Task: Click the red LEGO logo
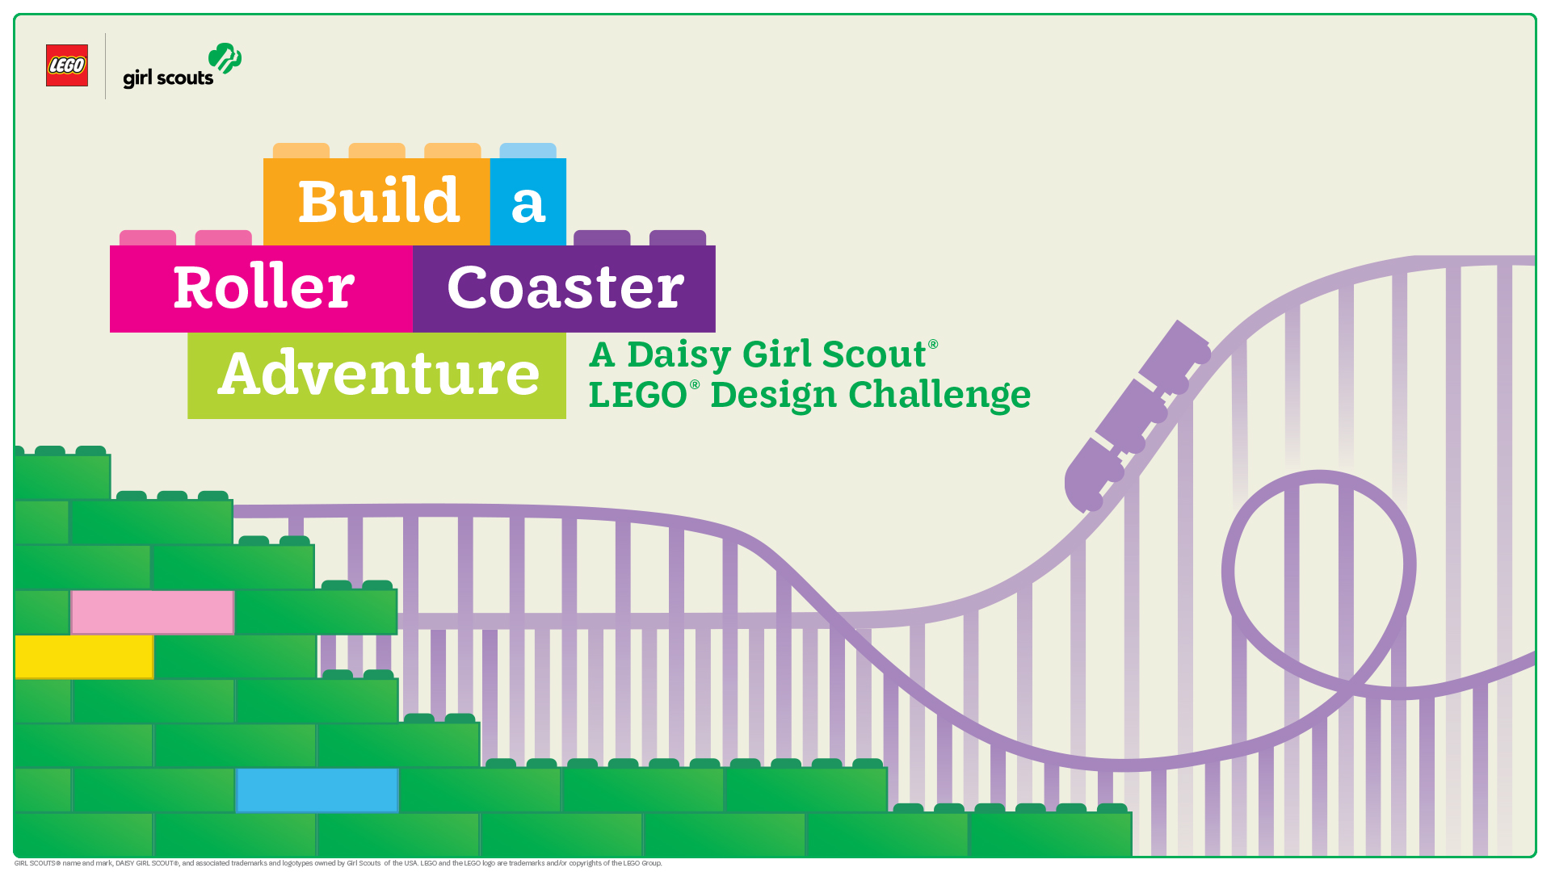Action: point(67,65)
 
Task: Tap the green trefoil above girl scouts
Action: point(225,58)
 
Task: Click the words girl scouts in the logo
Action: point(168,78)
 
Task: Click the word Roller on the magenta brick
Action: point(263,287)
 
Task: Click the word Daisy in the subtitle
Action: point(679,355)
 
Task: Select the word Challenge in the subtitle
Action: point(939,396)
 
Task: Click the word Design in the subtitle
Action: point(774,396)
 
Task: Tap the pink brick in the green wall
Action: point(153,612)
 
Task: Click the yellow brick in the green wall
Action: point(84,656)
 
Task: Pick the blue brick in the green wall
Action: point(317,790)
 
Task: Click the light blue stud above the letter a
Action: point(528,151)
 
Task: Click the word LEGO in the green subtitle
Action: point(638,396)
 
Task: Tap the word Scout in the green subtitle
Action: point(874,354)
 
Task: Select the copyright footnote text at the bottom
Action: point(338,863)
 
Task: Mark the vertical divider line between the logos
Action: point(106,66)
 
